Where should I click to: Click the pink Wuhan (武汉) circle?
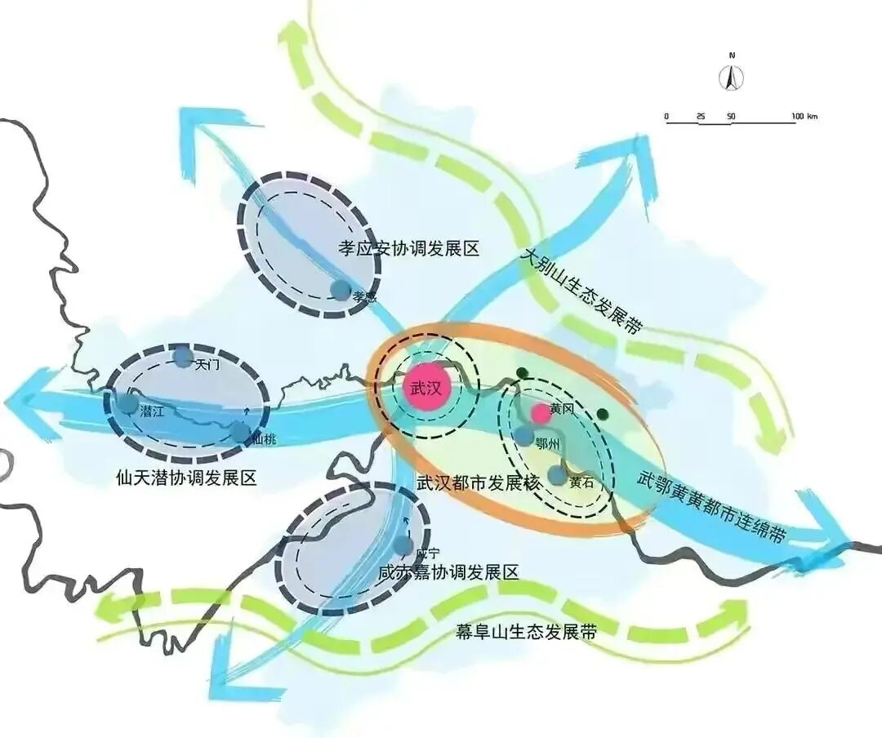[x=426, y=389]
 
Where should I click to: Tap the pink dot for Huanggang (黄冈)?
[x=541, y=414]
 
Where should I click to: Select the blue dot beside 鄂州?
[x=523, y=436]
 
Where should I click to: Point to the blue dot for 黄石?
[x=558, y=475]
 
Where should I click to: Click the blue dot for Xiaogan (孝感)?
[x=340, y=289]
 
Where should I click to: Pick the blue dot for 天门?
[x=183, y=357]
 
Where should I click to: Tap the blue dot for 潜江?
[x=128, y=403]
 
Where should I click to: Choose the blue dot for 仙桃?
[x=240, y=433]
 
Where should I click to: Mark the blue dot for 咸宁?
[x=403, y=545]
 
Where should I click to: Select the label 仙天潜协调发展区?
[x=187, y=478]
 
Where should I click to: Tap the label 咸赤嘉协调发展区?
[x=448, y=572]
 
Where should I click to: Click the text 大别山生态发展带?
[x=581, y=292]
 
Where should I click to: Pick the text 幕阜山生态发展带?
[x=526, y=632]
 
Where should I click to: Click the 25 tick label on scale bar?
[x=701, y=117]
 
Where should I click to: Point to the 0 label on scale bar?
[x=666, y=117]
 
